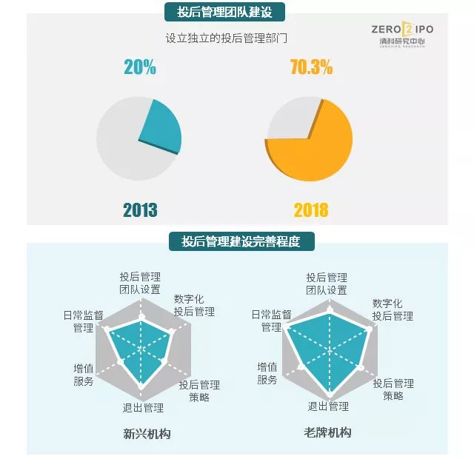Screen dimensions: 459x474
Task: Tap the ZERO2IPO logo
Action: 402,34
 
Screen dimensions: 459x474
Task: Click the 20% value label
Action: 139,67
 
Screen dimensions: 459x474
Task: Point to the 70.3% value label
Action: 311,67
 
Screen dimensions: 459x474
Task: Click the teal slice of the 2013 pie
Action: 161,127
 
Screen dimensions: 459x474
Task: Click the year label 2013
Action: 139,210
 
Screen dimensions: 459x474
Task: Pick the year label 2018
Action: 311,210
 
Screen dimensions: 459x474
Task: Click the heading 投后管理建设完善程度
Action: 241,241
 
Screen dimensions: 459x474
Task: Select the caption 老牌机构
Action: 327,432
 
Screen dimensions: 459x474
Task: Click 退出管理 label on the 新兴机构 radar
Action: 143,407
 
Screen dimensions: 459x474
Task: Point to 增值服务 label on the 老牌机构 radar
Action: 267,374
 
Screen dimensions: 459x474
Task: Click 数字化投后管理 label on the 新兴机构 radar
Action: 194,306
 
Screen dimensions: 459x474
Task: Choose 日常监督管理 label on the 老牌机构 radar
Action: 271,321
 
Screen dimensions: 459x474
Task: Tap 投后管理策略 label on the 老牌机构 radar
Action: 393,389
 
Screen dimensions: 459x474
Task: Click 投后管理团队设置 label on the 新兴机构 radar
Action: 140,283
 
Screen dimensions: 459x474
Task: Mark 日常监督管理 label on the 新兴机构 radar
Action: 83,321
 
